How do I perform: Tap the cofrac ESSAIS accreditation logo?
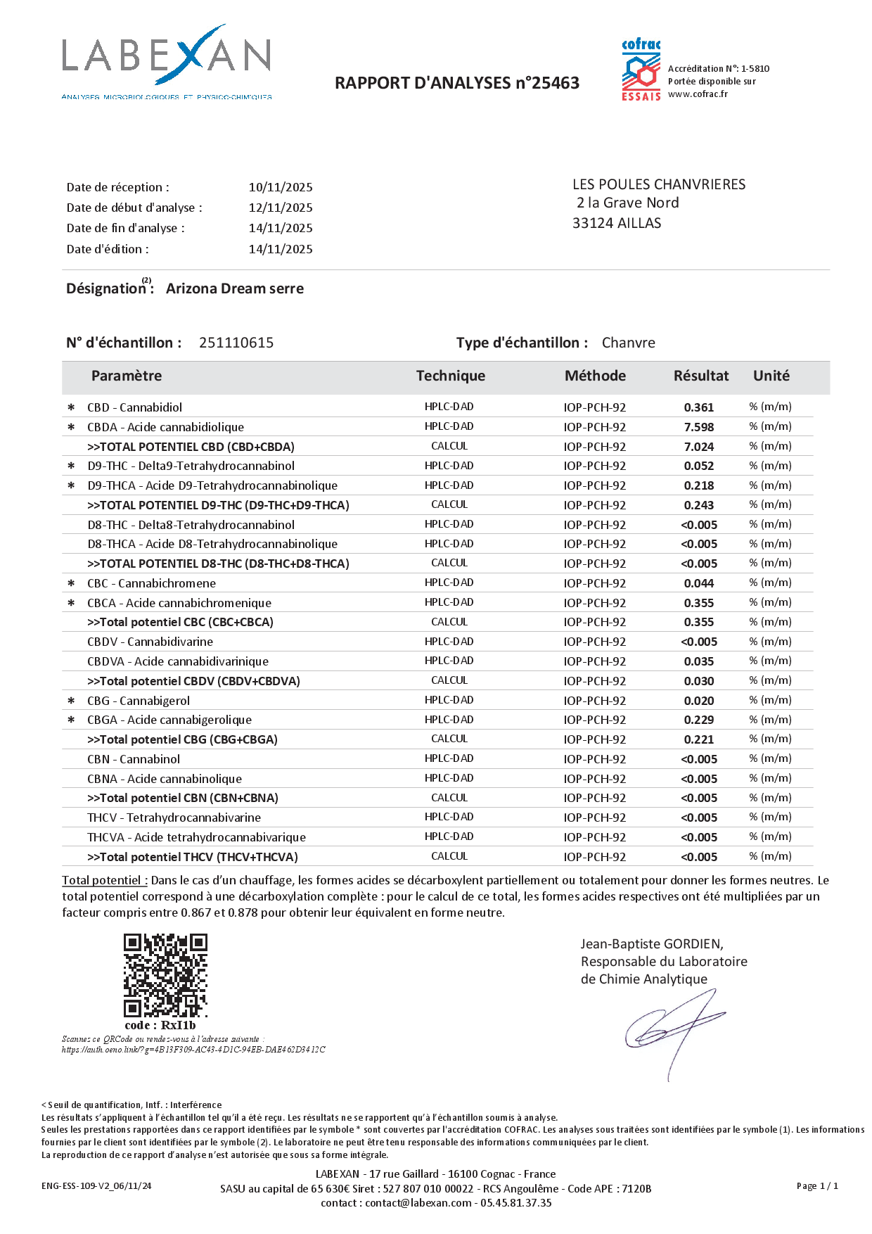coord(641,70)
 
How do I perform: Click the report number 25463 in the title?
coord(556,83)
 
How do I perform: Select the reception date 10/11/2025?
coord(281,187)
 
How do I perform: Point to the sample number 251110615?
coord(236,343)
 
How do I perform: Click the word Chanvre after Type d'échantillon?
coord(628,343)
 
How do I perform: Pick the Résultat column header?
coord(701,376)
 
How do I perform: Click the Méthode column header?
coord(595,376)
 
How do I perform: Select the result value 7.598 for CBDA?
coord(699,427)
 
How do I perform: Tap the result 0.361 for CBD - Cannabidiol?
coord(699,407)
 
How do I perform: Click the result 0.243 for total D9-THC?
coord(699,505)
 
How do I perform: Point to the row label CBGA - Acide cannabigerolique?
coord(169,720)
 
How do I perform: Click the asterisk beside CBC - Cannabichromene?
coord(71,583)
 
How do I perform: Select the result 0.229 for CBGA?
coord(699,720)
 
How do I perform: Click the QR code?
coord(166,975)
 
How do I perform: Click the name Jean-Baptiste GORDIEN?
coord(652,944)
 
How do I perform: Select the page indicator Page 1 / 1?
coord(817,1185)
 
